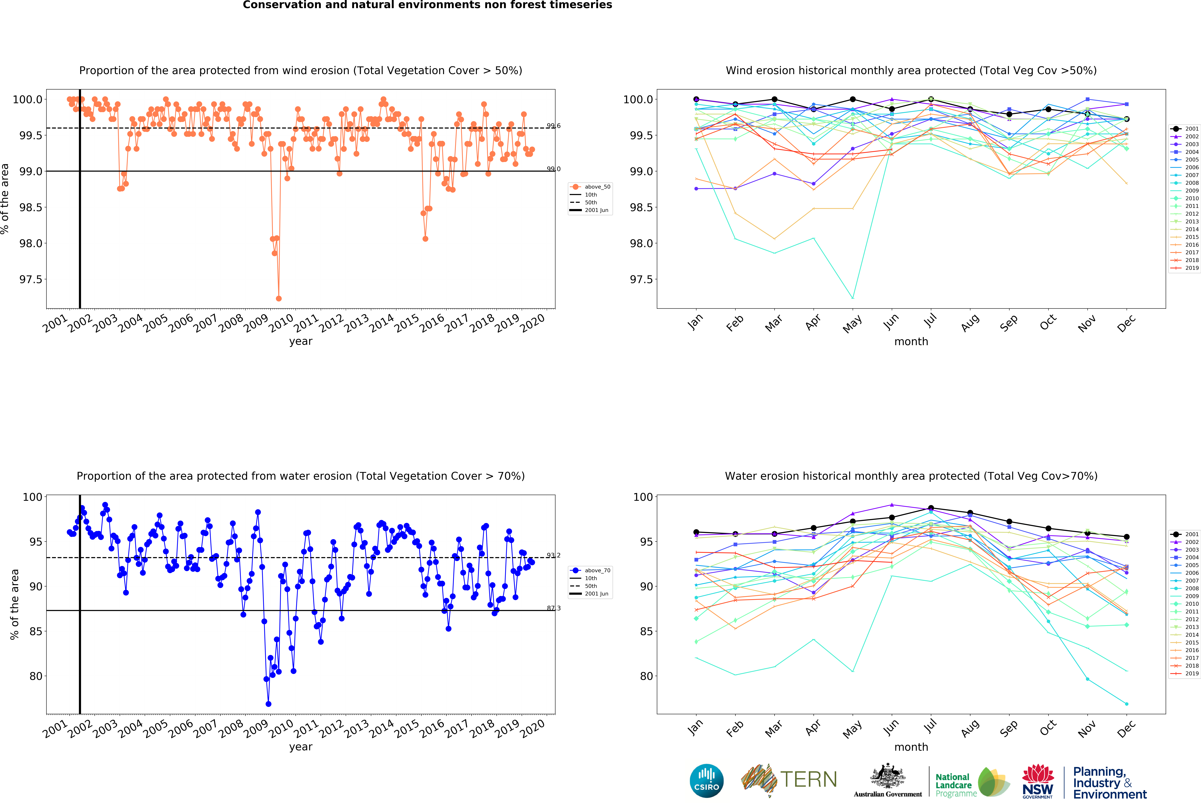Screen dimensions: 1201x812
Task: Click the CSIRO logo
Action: coord(706,780)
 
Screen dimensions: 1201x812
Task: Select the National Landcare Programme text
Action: coord(956,785)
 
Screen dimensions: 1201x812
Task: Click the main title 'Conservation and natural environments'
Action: coord(427,5)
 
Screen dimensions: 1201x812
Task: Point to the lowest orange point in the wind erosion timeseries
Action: coord(278,298)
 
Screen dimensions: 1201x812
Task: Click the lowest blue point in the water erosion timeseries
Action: coord(268,704)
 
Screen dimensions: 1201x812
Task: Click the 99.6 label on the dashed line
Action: coord(553,126)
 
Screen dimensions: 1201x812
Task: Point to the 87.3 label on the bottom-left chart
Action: coord(553,608)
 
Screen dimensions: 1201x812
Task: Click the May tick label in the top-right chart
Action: coord(852,323)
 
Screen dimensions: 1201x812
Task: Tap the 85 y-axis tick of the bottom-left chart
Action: coord(36,631)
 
